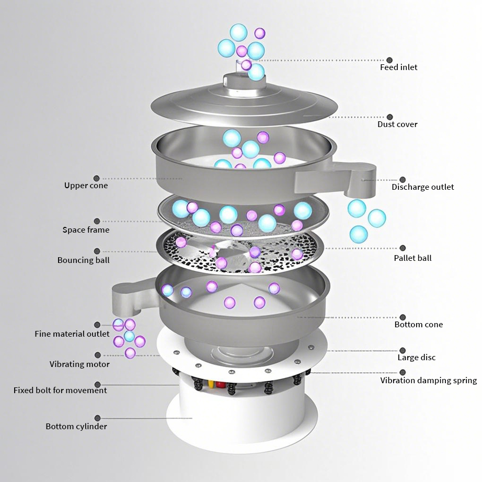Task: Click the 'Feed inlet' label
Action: [x=399, y=67]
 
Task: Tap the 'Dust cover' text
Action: [x=397, y=124]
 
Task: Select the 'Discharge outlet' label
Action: [x=423, y=187]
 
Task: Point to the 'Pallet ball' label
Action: [x=412, y=258]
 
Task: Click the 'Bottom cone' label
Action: [x=419, y=324]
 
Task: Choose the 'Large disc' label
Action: [x=417, y=358]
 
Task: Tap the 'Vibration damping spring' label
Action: [x=429, y=381]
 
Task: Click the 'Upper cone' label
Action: [x=86, y=186]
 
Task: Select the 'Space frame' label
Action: [x=86, y=229]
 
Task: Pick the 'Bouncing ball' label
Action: [x=83, y=260]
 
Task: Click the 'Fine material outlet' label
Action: [x=72, y=334]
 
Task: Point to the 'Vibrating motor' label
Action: [x=79, y=364]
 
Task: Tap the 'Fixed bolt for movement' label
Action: [x=60, y=390]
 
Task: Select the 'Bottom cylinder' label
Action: [x=76, y=427]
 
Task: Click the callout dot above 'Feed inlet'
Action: [x=389, y=60]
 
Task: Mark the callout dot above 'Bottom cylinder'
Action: [x=97, y=418]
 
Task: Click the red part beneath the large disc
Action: [x=220, y=385]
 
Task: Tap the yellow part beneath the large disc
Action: [x=211, y=384]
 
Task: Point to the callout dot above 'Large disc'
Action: [x=403, y=350]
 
